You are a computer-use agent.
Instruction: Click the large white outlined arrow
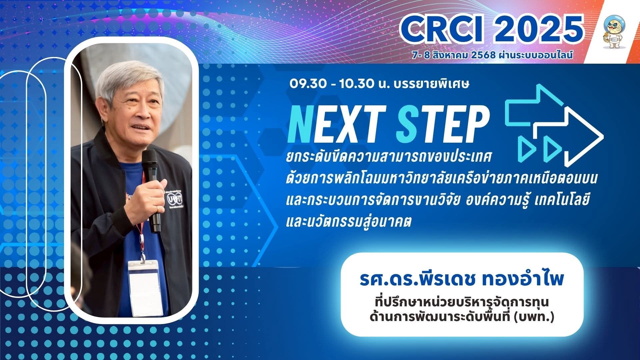568,138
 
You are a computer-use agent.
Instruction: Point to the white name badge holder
145,288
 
